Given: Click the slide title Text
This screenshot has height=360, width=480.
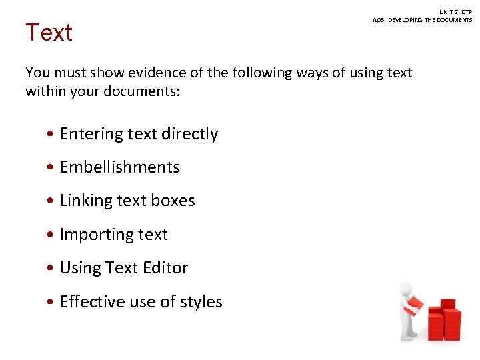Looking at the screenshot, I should pyautogui.click(x=49, y=32).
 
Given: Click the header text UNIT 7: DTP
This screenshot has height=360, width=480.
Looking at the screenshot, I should pyautogui.click(x=455, y=12).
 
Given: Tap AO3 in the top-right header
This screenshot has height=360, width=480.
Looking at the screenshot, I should pyautogui.click(x=379, y=20).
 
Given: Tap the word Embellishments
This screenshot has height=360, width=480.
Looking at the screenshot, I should pyautogui.click(x=119, y=167).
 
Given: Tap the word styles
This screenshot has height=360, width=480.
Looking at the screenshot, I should pyautogui.click(x=201, y=302).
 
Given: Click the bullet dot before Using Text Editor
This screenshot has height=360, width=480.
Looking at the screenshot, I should pyautogui.click(x=51, y=268).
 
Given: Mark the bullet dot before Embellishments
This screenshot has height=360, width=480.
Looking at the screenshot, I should pyautogui.click(x=51, y=167).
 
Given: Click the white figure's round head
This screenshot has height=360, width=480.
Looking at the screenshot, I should pyautogui.click(x=405, y=288).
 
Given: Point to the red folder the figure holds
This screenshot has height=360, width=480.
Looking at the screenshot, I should pyautogui.click(x=414, y=305).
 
